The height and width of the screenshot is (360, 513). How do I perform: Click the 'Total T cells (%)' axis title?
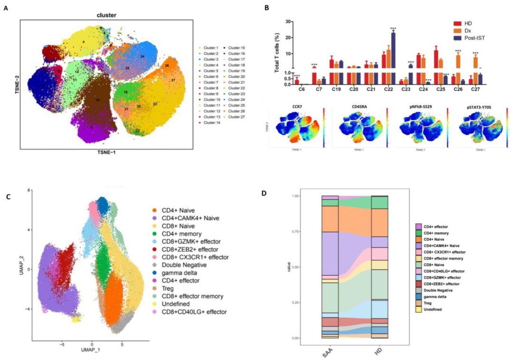click(276, 53)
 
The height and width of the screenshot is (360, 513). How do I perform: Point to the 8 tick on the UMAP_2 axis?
click(29, 190)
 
